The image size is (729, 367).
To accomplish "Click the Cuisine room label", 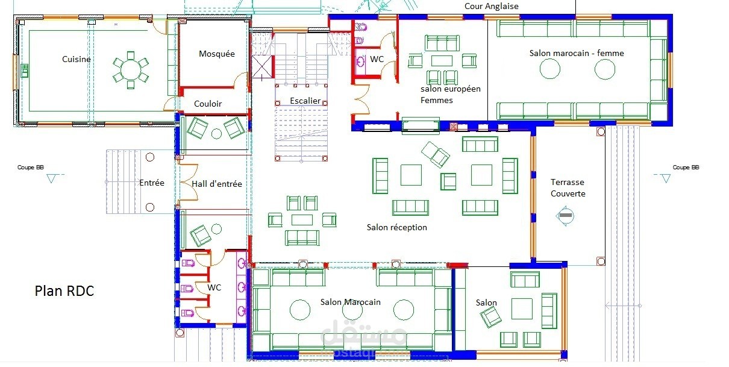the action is pyautogui.click(x=76, y=59).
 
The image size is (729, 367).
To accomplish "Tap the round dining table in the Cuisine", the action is pyautogui.click(x=131, y=70).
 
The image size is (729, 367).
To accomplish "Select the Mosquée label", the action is pyautogui.click(x=217, y=54).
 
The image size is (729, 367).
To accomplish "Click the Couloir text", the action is pyautogui.click(x=208, y=104).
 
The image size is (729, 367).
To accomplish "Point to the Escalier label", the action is pyautogui.click(x=305, y=101).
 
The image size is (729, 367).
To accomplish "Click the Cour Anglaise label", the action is pyautogui.click(x=492, y=6).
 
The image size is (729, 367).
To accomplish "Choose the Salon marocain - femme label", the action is pyautogui.click(x=577, y=53).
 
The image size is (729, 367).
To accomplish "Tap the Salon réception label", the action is pyautogui.click(x=396, y=227).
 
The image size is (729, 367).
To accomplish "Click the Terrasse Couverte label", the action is pyautogui.click(x=568, y=188).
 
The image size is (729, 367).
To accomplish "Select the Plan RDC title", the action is pyautogui.click(x=64, y=291).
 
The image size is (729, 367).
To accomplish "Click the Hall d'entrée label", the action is pyautogui.click(x=217, y=184).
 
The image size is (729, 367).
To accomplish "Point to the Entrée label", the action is pyautogui.click(x=152, y=183).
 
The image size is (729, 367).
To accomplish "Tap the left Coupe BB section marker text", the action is pyautogui.click(x=31, y=168).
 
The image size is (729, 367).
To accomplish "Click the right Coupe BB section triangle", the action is pyautogui.click(x=666, y=178).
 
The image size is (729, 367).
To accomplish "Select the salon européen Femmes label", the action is pyautogui.click(x=451, y=95).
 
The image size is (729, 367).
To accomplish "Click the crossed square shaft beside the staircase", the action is pyautogui.click(x=262, y=67).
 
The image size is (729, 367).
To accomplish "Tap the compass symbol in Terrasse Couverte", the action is pyautogui.click(x=565, y=216).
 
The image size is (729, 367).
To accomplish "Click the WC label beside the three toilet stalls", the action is pyautogui.click(x=214, y=287).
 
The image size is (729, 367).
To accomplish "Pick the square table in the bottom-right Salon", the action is pyautogui.click(x=522, y=309).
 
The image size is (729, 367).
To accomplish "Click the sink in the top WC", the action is pyautogui.click(x=360, y=61).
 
